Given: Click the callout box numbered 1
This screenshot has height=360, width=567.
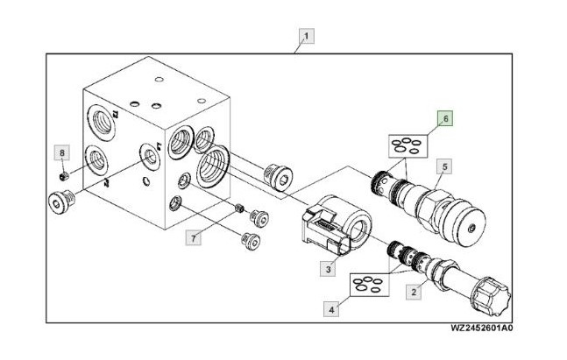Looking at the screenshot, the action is coord(307,36).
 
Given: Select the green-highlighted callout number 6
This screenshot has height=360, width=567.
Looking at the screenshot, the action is coord(445,118).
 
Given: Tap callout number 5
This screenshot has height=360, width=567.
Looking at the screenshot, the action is coord(444,166).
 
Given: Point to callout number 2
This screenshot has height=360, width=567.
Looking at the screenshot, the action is coord(414,292).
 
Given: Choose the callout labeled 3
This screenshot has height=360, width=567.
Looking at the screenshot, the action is coord(328,269).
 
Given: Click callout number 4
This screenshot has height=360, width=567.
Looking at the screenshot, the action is coord(331,309).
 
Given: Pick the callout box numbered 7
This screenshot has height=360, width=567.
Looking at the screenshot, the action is coord(194,238).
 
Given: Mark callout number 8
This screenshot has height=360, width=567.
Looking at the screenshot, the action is coord(62,153).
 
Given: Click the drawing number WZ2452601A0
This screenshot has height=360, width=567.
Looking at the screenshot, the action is coord(481,328).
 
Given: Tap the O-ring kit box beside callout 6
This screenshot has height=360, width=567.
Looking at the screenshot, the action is coord(408,146).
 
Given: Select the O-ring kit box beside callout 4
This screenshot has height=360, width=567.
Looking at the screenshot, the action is coord(370,285).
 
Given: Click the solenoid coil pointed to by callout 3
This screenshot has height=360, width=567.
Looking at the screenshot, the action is coord(336,224).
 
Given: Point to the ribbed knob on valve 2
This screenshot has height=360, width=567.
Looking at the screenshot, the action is coord(491,296).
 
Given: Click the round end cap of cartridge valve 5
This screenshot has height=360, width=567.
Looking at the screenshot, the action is coord(464,222).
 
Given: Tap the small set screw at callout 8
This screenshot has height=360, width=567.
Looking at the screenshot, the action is coord(64,176).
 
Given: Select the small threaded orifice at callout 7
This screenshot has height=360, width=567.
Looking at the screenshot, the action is coord(238,208).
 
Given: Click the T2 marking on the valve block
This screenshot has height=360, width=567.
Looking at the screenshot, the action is coord(115,115).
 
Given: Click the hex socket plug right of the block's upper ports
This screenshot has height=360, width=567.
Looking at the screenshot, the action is coord(278,176).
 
